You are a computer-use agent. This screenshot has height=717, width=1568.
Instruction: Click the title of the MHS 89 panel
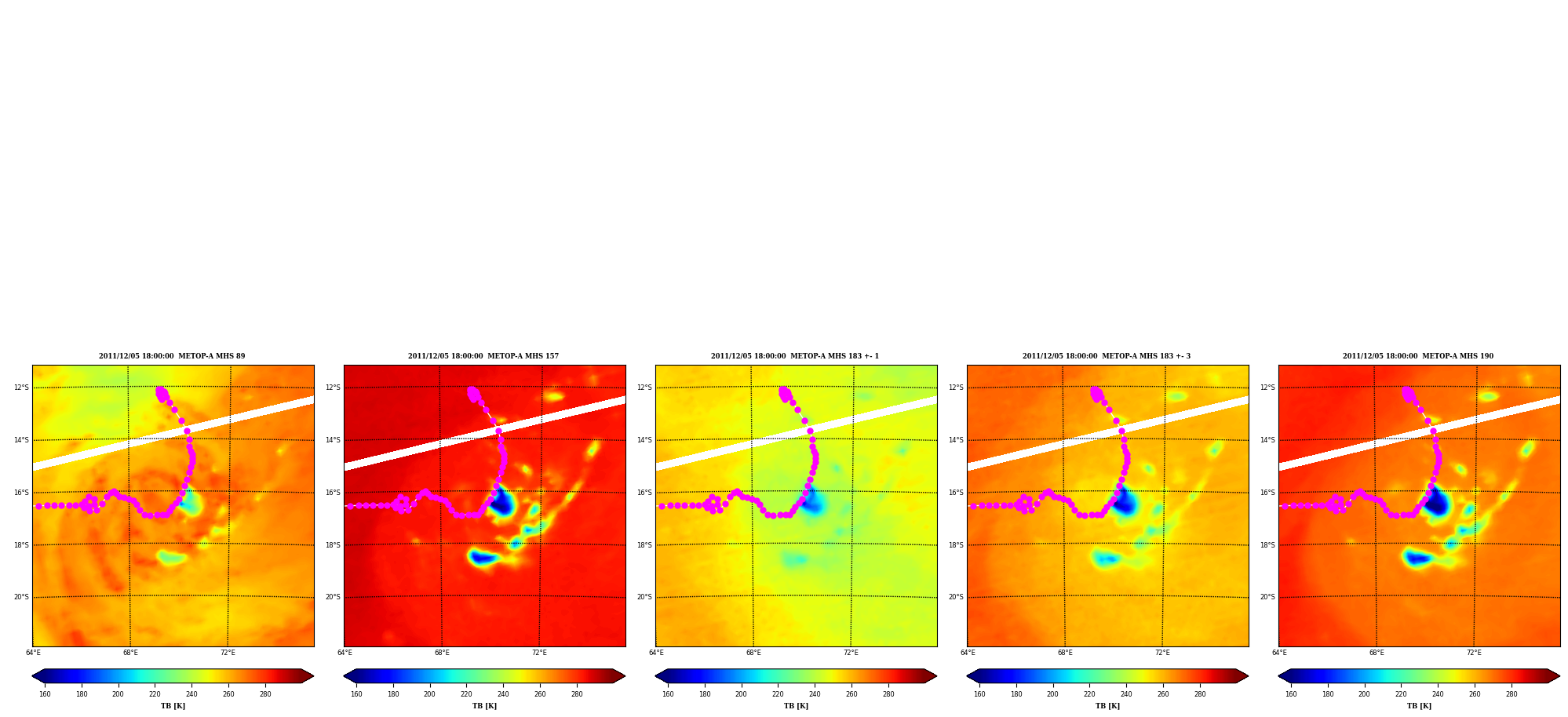172,356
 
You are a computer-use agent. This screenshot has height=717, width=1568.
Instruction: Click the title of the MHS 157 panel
483,356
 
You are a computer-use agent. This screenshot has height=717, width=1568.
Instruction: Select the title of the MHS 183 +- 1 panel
795,356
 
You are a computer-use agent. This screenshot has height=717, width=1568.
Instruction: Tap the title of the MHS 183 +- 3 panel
1107,356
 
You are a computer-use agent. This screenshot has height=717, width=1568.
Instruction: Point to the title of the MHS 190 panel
1418,356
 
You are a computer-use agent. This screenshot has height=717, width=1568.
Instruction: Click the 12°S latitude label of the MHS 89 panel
21,388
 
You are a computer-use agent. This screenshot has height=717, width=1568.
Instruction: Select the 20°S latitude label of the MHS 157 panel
333,597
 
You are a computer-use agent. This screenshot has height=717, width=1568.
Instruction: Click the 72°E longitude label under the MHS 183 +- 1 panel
851,653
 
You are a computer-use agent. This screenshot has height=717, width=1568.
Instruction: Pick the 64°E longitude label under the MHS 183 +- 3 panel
968,653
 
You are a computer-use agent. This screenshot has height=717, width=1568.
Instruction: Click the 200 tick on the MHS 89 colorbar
118,694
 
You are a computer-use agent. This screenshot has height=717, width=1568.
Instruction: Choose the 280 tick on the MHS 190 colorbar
1511,694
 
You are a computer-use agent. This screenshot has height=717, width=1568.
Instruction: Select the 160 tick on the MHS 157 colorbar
356,694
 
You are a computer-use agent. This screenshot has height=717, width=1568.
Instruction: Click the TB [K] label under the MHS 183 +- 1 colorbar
796,706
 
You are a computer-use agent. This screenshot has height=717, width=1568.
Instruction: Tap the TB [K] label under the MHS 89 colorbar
173,706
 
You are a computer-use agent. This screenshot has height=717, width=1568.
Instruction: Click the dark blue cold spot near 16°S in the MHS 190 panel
1436,501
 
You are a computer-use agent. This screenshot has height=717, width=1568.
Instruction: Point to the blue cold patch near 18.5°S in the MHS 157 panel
483,558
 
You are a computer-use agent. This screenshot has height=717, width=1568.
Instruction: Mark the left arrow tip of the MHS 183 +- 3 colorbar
967,676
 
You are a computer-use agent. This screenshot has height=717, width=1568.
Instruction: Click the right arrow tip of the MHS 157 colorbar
625,676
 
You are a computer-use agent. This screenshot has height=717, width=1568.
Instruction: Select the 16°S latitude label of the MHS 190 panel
1267,493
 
